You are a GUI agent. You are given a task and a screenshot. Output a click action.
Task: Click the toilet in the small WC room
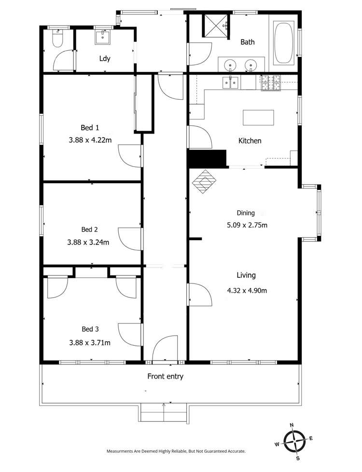coord(57,39)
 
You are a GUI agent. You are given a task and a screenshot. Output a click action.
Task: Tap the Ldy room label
coord(105,59)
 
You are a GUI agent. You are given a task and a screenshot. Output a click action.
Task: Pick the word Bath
coord(248,42)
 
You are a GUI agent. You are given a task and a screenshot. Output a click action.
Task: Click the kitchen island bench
coord(258,118)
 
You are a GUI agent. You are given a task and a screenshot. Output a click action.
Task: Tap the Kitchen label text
coord(250,141)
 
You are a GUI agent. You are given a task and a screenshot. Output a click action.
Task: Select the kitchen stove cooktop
coord(270,83)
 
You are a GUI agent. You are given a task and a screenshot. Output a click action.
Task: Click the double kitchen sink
coord(230,83)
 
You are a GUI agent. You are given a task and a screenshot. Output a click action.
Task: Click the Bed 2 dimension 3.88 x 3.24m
coord(88,243)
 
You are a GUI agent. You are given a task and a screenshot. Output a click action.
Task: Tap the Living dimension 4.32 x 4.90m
coord(247,290)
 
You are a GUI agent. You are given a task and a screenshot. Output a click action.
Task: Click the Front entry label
coord(165,377)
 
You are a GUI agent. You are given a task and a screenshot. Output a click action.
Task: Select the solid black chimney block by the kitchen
coord(207,159)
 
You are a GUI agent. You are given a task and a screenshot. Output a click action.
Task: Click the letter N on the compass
coord(292,425)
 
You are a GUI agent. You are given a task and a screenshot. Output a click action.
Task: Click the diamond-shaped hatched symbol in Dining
coord(205,182)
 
